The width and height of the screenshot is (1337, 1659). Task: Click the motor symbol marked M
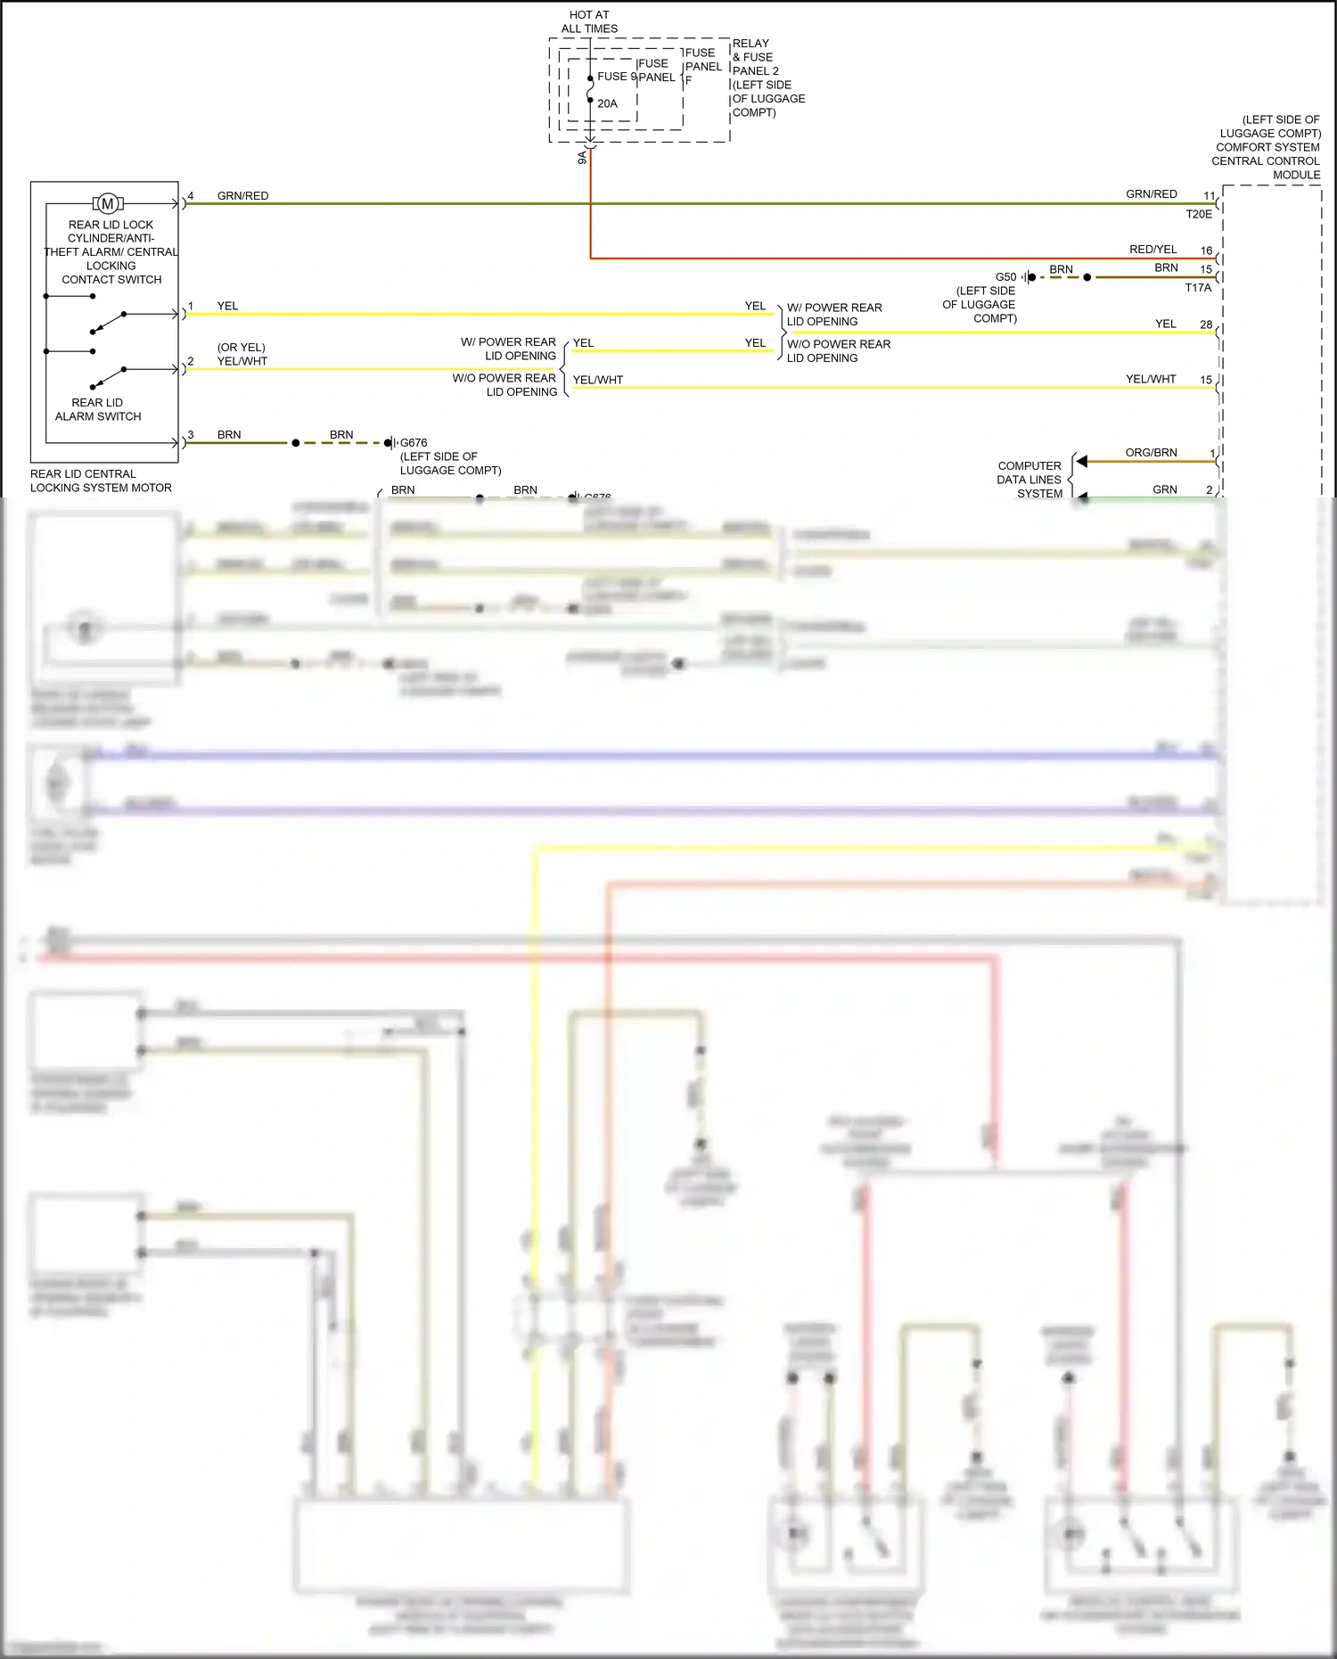pyautogui.click(x=108, y=204)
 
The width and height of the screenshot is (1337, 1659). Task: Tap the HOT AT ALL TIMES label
pyautogui.click(x=589, y=21)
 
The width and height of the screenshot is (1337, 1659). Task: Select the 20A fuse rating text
pyautogui.click(x=607, y=103)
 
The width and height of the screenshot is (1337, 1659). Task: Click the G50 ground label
pyautogui.click(x=1005, y=277)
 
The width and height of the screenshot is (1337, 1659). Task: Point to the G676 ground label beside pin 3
pyautogui.click(x=414, y=442)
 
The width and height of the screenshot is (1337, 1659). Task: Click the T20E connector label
pyautogui.click(x=1199, y=214)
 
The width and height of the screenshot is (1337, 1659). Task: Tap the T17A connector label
pyautogui.click(x=1198, y=288)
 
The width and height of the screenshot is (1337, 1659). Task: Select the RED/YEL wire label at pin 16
pyautogui.click(x=1152, y=250)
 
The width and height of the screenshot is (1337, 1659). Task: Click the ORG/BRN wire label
pyautogui.click(x=1151, y=453)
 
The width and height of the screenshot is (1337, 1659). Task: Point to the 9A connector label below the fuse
pyautogui.click(x=582, y=157)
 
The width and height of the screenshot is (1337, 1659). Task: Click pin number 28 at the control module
pyautogui.click(x=1206, y=324)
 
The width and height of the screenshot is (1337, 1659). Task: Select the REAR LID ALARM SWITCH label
pyautogui.click(x=98, y=409)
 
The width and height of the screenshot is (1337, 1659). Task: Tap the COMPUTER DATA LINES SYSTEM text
pyautogui.click(x=1029, y=480)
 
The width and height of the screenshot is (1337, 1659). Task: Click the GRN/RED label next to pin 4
pyautogui.click(x=242, y=196)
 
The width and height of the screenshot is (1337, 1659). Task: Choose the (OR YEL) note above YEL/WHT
pyautogui.click(x=241, y=348)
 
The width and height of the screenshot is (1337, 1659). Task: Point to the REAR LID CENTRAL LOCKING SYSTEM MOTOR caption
pyautogui.click(x=101, y=480)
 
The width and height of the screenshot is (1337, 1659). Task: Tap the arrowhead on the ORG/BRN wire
pyautogui.click(x=1081, y=461)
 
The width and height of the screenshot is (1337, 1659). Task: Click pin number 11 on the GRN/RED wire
pyautogui.click(x=1209, y=196)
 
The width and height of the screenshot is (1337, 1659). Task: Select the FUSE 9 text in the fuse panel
pyautogui.click(x=616, y=77)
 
